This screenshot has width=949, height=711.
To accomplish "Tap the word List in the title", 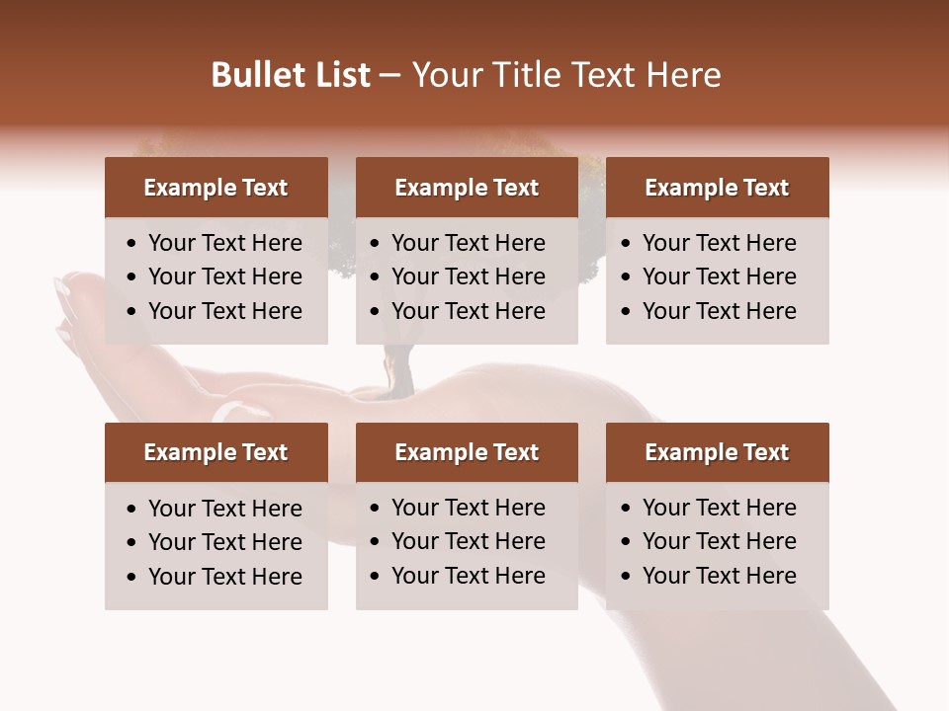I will pyautogui.click(x=341, y=75).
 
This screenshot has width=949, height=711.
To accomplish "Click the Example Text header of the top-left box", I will pyautogui.click(x=216, y=188).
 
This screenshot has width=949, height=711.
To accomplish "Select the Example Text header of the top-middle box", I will pyautogui.click(x=467, y=188).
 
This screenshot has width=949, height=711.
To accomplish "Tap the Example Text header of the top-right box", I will pyautogui.click(x=717, y=188).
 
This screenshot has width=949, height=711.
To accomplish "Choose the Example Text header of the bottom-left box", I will pyautogui.click(x=216, y=452).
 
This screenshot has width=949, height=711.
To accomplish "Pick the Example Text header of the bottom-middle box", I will pyautogui.click(x=467, y=452).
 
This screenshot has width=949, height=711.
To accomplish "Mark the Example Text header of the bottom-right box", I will pyautogui.click(x=717, y=452).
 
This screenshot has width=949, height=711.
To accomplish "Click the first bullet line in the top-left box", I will pyautogui.click(x=224, y=243).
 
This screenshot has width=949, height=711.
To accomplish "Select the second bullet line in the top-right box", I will pyautogui.click(x=719, y=276).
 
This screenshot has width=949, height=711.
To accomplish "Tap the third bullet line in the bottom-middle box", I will pyautogui.click(x=468, y=576).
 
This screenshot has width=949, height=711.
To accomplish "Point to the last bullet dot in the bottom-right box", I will pyautogui.click(x=627, y=577).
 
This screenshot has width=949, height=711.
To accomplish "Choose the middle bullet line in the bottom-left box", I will pyautogui.click(x=224, y=542).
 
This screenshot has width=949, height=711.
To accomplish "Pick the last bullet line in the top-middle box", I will pyautogui.click(x=468, y=311).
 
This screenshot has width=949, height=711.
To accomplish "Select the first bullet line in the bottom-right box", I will pyautogui.click(x=719, y=508).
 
